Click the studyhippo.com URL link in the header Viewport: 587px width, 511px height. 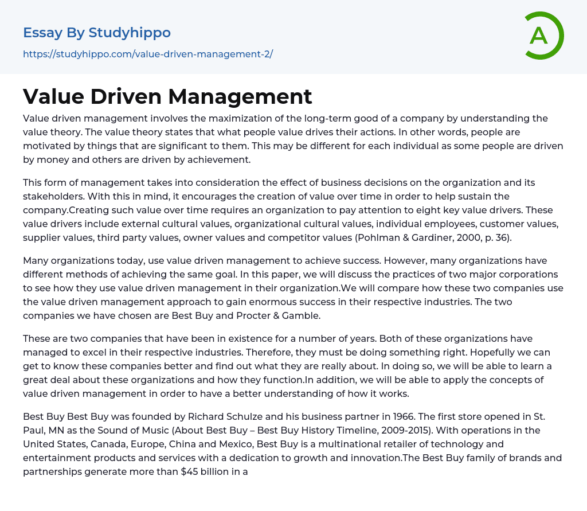(148, 54)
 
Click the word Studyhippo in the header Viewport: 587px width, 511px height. (130, 33)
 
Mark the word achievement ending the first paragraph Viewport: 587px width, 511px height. (222, 159)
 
